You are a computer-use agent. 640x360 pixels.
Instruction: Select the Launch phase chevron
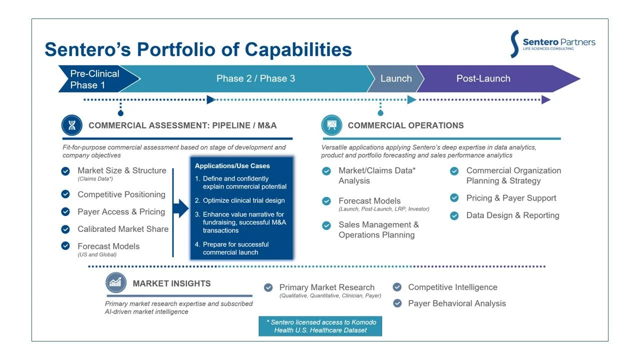click(396, 78)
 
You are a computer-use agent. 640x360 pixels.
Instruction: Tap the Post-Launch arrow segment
click(483, 78)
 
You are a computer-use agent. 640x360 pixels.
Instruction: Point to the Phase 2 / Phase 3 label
click(255, 78)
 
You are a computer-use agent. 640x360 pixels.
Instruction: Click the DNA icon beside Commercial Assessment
click(72, 125)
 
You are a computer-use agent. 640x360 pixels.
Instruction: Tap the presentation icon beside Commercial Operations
click(331, 125)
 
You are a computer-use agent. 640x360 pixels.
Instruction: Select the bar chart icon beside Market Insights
click(115, 283)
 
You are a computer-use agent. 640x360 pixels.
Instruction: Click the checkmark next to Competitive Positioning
click(65, 194)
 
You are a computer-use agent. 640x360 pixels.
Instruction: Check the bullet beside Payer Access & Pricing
click(65, 211)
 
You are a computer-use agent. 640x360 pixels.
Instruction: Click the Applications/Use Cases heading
click(232, 166)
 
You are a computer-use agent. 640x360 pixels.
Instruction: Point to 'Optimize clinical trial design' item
click(243, 200)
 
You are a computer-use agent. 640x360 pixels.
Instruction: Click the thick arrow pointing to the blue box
click(180, 208)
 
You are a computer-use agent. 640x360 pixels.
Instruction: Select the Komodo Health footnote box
click(320, 326)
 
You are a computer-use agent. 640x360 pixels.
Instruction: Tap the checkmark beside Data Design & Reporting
click(454, 215)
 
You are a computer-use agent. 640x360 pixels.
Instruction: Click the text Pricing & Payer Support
click(511, 198)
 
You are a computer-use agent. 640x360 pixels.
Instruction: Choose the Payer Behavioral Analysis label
click(456, 303)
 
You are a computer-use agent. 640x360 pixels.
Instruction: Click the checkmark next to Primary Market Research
click(268, 287)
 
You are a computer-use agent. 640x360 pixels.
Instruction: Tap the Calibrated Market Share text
click(123, 229)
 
